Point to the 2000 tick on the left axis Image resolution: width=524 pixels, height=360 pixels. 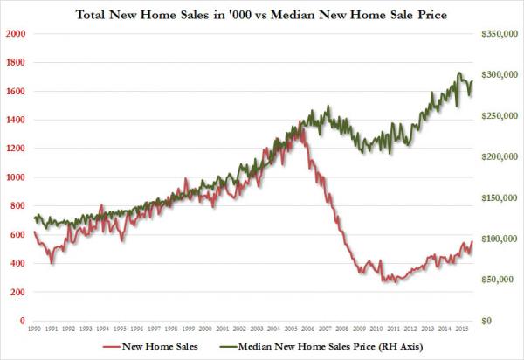(x=15, y=34)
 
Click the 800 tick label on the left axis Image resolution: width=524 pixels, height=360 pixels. (x=17, y=206)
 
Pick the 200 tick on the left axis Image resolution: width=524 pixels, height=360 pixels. (x=17, y=293)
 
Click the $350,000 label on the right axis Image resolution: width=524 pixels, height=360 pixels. (x=500, y=34)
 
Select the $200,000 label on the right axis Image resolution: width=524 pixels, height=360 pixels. (x=500, y=157)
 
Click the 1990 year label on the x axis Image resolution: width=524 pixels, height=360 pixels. (x=35, y=331)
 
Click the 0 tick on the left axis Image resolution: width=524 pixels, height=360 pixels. (x=22, y=322)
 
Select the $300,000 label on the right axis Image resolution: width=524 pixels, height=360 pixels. (x=500, y=75)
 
